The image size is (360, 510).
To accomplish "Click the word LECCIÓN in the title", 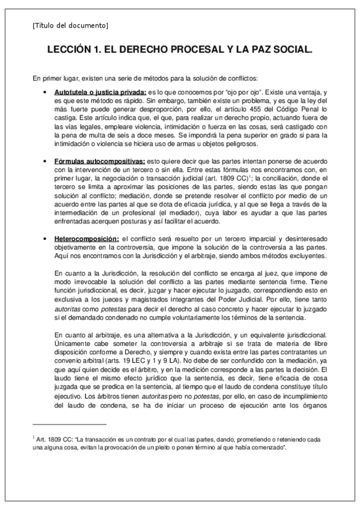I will point(72,52).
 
